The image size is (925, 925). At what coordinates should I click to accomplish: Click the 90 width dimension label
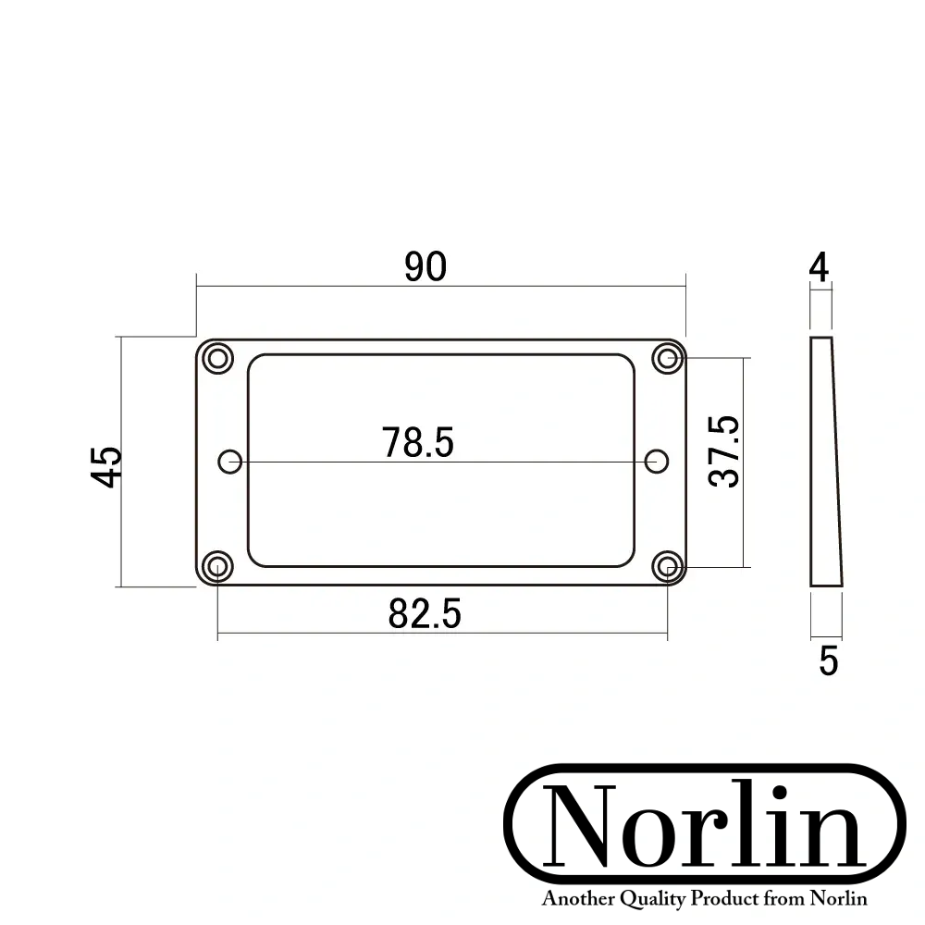tap(425, 266)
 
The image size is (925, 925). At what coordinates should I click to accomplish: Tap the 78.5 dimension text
tap(418, 443)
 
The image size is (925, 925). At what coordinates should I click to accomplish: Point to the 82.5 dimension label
tap(425, 613)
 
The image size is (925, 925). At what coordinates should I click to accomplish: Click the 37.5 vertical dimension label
tap(725, 451)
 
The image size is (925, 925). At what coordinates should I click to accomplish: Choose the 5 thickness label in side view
tap(828, 660)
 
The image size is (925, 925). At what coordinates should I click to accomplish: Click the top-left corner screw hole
tap(218, 358)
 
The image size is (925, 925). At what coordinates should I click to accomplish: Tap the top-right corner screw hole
tap(666, 358)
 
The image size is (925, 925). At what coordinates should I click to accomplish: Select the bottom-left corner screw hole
tap(218, 564)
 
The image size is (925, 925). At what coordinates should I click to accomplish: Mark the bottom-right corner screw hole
tap(666, 564)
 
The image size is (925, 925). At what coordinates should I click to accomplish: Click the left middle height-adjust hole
tap(229, 461)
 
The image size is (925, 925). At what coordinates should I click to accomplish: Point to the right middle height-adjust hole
tap(657, 461)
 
